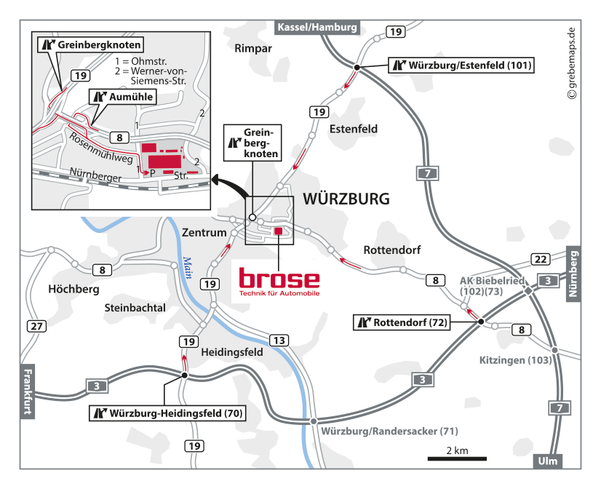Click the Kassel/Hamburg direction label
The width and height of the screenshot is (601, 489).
click(317, 28)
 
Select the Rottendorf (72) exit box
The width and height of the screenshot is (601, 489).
click(402, 322)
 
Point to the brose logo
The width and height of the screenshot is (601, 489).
click(279, 281)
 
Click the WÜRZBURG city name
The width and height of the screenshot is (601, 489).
click(346, 199)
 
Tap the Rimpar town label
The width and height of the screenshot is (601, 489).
click(253, 49)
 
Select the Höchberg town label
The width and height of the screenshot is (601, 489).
click(73, 289)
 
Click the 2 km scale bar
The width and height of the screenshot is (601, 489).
click(457, 458)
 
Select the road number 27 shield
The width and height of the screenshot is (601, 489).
click(35, 326)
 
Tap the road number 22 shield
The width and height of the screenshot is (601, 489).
click(540, 259)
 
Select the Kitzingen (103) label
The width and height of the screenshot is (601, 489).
click(514, 360)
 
